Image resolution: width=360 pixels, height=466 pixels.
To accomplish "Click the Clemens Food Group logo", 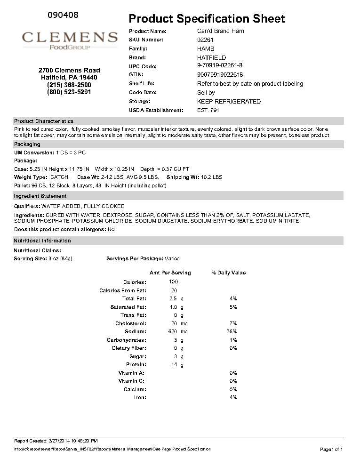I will point(70,40).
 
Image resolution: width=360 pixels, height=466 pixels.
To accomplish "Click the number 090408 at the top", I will point(63,15).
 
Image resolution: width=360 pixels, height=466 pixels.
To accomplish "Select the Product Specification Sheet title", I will point(207,19).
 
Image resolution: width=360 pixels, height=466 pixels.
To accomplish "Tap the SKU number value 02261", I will point(205,40).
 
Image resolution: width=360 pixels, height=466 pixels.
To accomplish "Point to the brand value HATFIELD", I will point(211,58).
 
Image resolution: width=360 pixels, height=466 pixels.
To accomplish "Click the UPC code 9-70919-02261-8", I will point(220,65).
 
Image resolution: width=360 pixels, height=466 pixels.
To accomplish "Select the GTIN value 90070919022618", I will point(220,74).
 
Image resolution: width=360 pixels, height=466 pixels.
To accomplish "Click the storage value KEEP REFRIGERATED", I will point(229,102).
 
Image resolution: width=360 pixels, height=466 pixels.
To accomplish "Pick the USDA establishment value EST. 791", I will point(208,110).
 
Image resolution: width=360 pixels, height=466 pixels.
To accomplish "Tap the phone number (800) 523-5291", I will point(69,92).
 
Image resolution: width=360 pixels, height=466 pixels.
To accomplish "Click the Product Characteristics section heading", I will point(44,121).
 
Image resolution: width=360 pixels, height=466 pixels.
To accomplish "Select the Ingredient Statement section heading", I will point(40,196).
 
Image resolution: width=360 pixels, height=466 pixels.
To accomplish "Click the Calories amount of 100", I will point(173,282).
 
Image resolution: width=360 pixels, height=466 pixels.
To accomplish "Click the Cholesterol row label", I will point(131,324).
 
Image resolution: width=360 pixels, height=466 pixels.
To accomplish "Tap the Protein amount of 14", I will point(174,365).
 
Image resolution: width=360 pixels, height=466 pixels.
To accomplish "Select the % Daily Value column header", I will point(228,273).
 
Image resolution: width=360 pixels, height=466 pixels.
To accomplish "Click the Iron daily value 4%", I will point(233,398).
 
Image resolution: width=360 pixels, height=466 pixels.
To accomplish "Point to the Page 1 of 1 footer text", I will point(331,450).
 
